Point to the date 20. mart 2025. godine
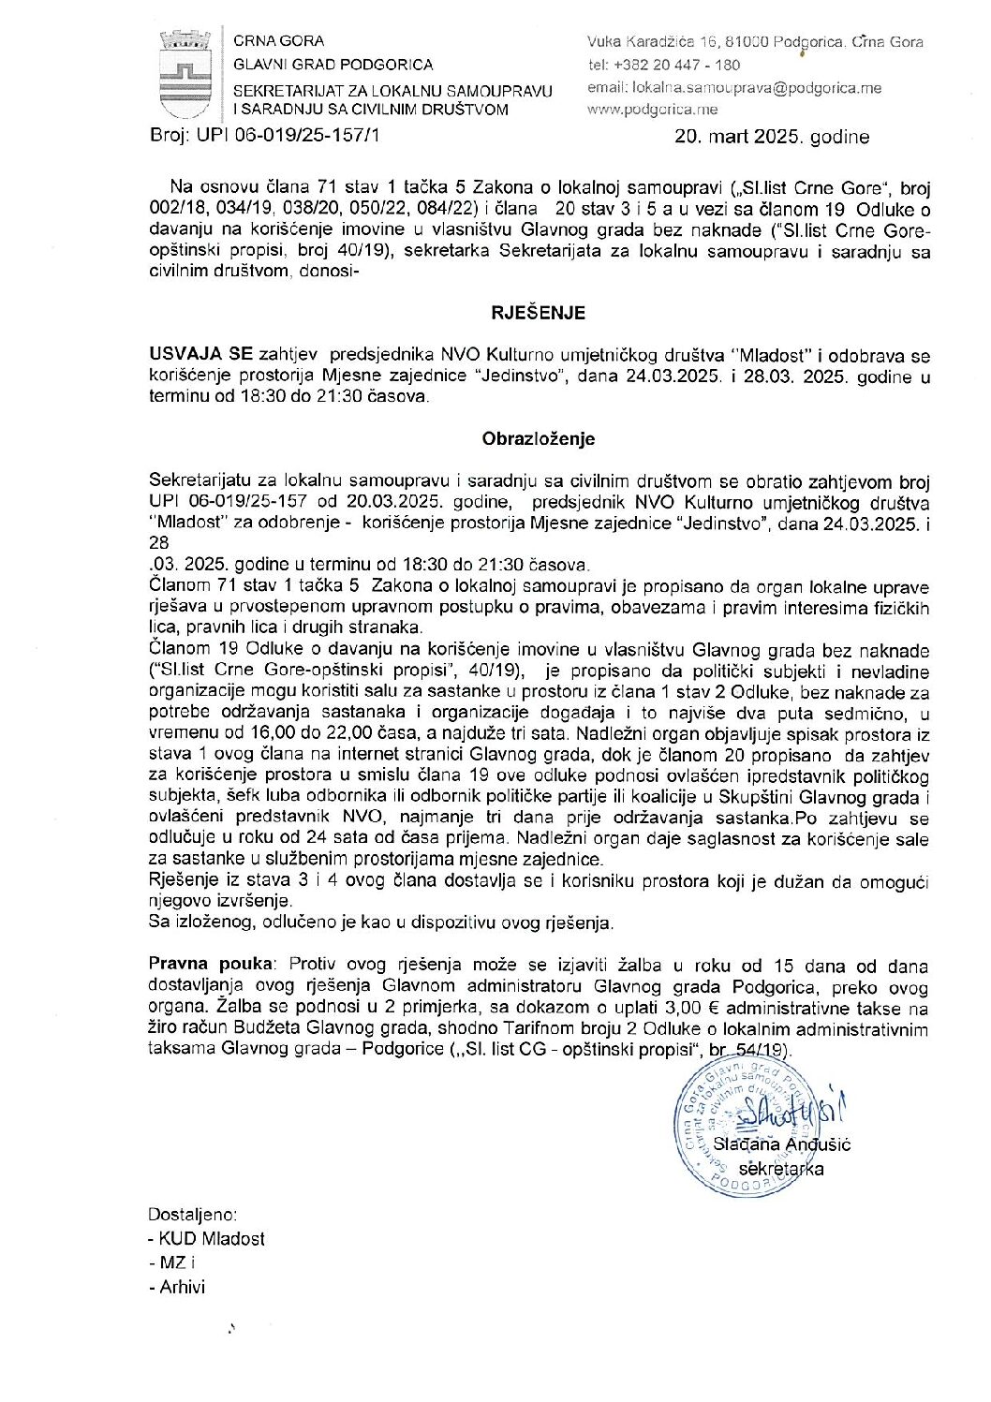tap(772, 137)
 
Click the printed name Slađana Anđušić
tap(781, 1144)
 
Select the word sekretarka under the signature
tap(781, 1169)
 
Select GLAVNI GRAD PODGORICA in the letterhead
tap(333, 65)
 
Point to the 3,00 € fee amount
tap(694, 1009)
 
